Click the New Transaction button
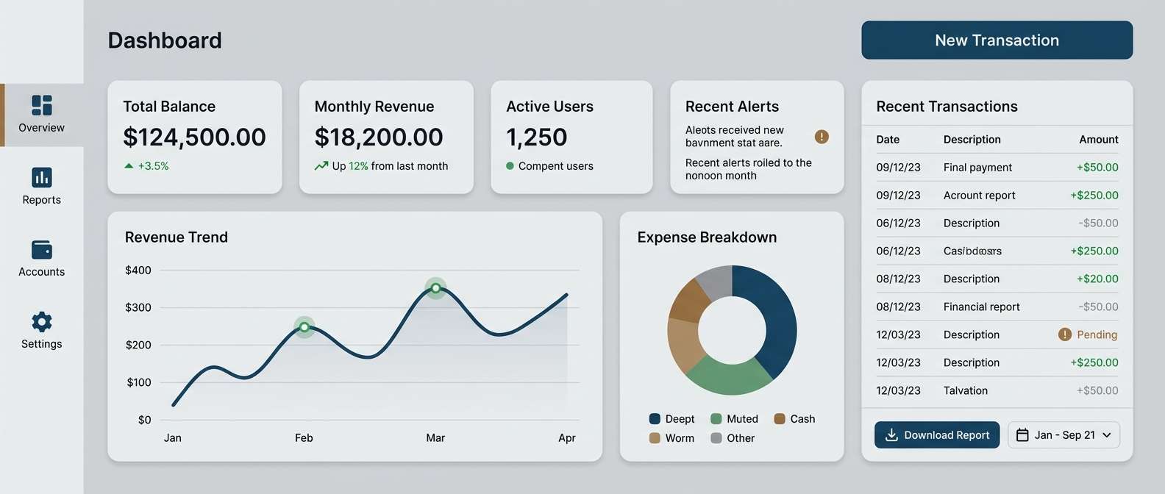pos(997,40)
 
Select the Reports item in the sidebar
pos(42,186)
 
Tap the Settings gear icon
pos(42,321)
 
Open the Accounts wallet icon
pos(42,250)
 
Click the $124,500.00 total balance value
pos(194,137)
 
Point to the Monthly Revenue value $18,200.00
pos(379,137)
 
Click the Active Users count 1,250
pos(537,137)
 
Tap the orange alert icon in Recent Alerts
pos(822,137)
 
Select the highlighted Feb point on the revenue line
pos(304,327)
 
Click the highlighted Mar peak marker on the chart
pos(436,288)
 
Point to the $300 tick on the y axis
pos(138,307)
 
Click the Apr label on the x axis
pos(566,438)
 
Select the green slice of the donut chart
pos(728,376)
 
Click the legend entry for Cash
pos(794,419)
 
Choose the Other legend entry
pos(733,438)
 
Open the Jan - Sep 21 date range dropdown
pos(1064,435)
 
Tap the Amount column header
pos(1098,140)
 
